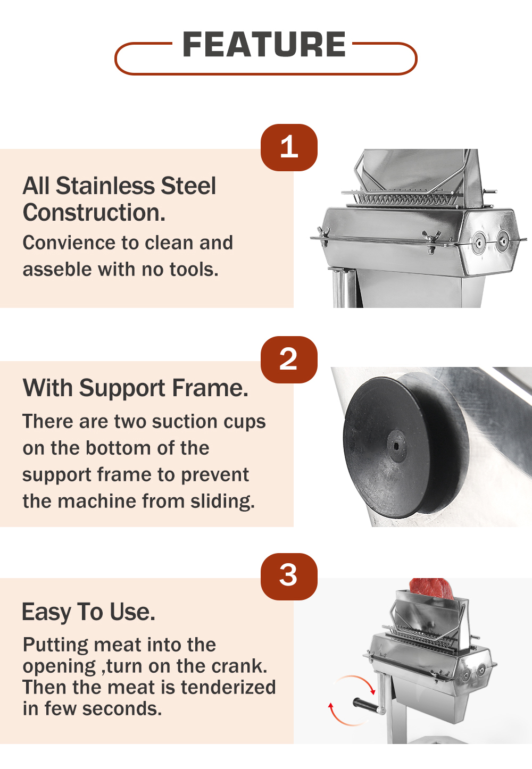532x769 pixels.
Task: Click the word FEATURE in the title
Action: tap(264, 44)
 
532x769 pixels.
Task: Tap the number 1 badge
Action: tap(289, 147)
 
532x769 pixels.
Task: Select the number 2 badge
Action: tap(289, 360)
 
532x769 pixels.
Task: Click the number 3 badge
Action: tap(289, 576)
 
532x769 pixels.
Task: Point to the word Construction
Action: tap(94, 213)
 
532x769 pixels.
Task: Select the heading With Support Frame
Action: tap(135, 388)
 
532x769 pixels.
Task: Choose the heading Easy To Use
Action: tap(89, 612)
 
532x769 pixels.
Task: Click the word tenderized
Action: tap(228, 687)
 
